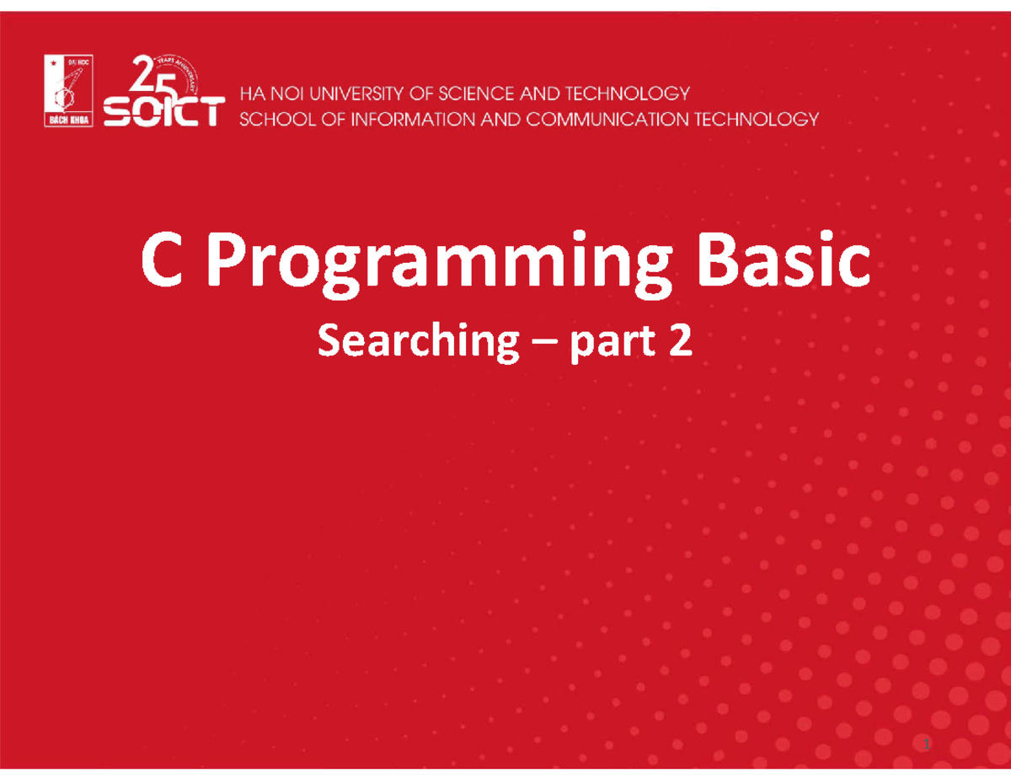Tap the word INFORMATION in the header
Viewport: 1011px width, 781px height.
402,119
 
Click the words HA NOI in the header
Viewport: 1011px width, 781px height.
267,94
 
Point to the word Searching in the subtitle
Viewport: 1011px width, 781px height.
417,344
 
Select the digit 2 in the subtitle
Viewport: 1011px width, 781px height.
681,342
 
